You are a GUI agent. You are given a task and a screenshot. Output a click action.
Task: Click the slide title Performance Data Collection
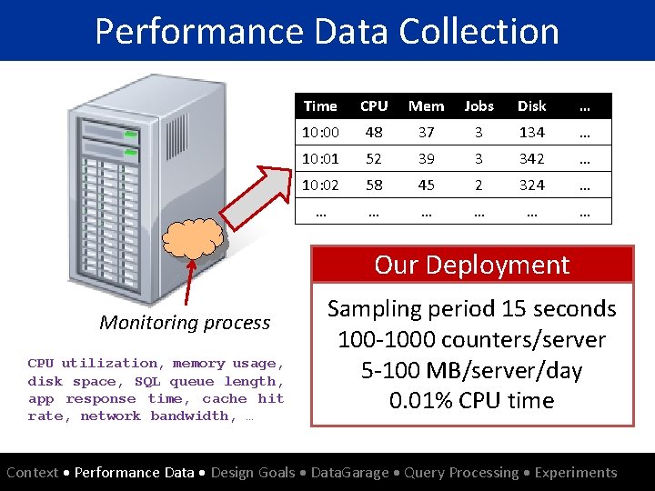coord(327,31)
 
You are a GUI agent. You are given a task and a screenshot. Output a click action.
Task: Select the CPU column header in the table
coord(374,106)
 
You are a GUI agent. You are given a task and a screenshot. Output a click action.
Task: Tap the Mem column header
coord(426,106)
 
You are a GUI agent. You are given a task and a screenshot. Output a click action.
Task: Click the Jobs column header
coord(479,106)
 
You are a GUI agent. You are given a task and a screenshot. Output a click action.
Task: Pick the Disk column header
coord(531,106)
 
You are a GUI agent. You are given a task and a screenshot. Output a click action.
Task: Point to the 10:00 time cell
coord(319,133)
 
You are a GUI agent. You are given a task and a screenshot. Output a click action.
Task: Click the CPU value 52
coord(374,159)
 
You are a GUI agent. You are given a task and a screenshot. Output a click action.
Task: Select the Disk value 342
coord(531,159)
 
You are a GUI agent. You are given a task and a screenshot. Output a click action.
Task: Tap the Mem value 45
coord(426,185)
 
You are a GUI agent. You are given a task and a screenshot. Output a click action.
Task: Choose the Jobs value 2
coord(479,185)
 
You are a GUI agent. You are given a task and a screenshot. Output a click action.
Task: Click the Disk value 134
coord(531,133)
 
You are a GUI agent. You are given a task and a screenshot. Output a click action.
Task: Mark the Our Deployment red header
coord(472,265)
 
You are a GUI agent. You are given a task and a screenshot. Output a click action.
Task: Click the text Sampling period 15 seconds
coord(472,309)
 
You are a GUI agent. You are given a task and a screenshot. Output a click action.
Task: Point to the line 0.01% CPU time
coord(472,401)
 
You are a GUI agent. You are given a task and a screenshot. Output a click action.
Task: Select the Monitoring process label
coord(185,323)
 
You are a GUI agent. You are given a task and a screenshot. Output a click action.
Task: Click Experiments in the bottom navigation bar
coord(575,473)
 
